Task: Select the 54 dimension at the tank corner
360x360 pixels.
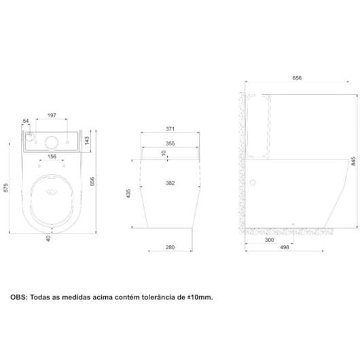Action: tap(26, 121)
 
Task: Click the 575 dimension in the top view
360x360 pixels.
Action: tap(5, 189)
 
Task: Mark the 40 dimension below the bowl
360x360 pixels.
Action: tap(48, 238)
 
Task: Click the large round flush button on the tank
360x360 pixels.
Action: tap(51, 142)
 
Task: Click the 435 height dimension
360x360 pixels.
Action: tap(129, 194)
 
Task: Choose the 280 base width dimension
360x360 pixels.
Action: tap(170, 247)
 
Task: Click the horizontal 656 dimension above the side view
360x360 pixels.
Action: tap(297, 79)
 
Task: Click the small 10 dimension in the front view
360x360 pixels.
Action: tap(163, 153)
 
